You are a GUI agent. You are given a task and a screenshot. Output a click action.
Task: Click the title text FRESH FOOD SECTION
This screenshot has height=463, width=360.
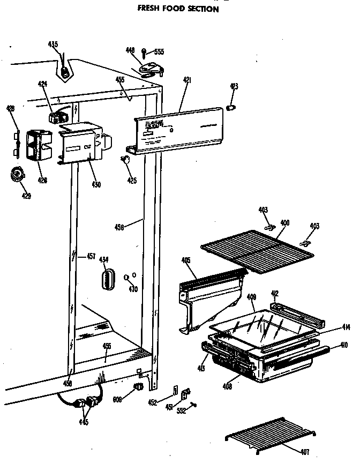click(178, 9)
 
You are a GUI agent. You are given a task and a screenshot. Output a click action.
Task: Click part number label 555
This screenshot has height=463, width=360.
click(159, 52)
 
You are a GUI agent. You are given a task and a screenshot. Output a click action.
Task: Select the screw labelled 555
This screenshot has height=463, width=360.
click(145, 53)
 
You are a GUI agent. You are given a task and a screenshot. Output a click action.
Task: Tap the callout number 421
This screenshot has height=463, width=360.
click(187, 80)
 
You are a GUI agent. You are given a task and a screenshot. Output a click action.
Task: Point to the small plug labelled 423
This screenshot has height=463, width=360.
click(232, 108)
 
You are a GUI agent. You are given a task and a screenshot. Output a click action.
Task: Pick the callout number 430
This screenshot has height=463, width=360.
click(96, 185)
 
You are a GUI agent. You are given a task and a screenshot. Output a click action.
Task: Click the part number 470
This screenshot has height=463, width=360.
click(133, 289)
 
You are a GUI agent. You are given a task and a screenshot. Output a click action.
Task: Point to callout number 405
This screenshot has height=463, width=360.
click(186, 260)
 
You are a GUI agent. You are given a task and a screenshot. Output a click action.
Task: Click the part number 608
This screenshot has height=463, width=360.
click(118, 399)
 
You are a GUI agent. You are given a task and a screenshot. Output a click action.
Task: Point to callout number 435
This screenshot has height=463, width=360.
click(53, 44)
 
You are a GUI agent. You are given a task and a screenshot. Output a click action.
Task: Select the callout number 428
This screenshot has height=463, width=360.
click(10, 109)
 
